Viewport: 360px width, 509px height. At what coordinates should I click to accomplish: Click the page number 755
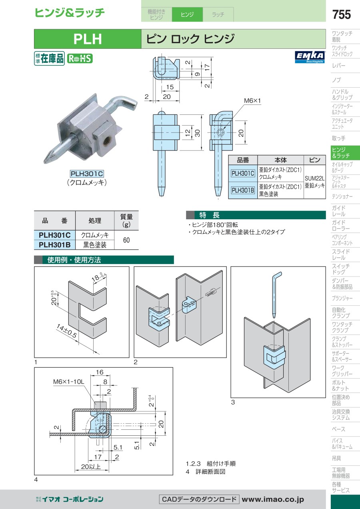point(341,14)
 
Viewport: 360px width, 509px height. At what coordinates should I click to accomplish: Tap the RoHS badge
point(79,58)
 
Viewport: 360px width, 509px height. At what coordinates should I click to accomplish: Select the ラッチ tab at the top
point(218,15)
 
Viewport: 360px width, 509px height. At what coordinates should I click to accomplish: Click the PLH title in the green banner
point(88,39)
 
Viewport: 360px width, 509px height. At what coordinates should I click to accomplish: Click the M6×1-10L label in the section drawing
point(69,382)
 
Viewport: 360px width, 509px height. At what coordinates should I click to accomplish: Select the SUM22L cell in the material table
point(315,178)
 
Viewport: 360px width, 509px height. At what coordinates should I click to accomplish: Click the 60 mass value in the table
point(126,240)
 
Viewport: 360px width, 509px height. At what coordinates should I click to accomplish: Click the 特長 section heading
point(210,215)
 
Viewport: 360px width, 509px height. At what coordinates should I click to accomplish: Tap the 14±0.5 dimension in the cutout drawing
point(67,331)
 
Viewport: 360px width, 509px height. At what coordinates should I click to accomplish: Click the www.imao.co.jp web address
point(273,499)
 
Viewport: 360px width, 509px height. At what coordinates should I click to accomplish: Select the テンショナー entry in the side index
point(342,196)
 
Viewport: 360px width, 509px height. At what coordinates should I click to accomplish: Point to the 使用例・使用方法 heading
point(74,260)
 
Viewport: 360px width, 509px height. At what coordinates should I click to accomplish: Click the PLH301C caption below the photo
point(87,174)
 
